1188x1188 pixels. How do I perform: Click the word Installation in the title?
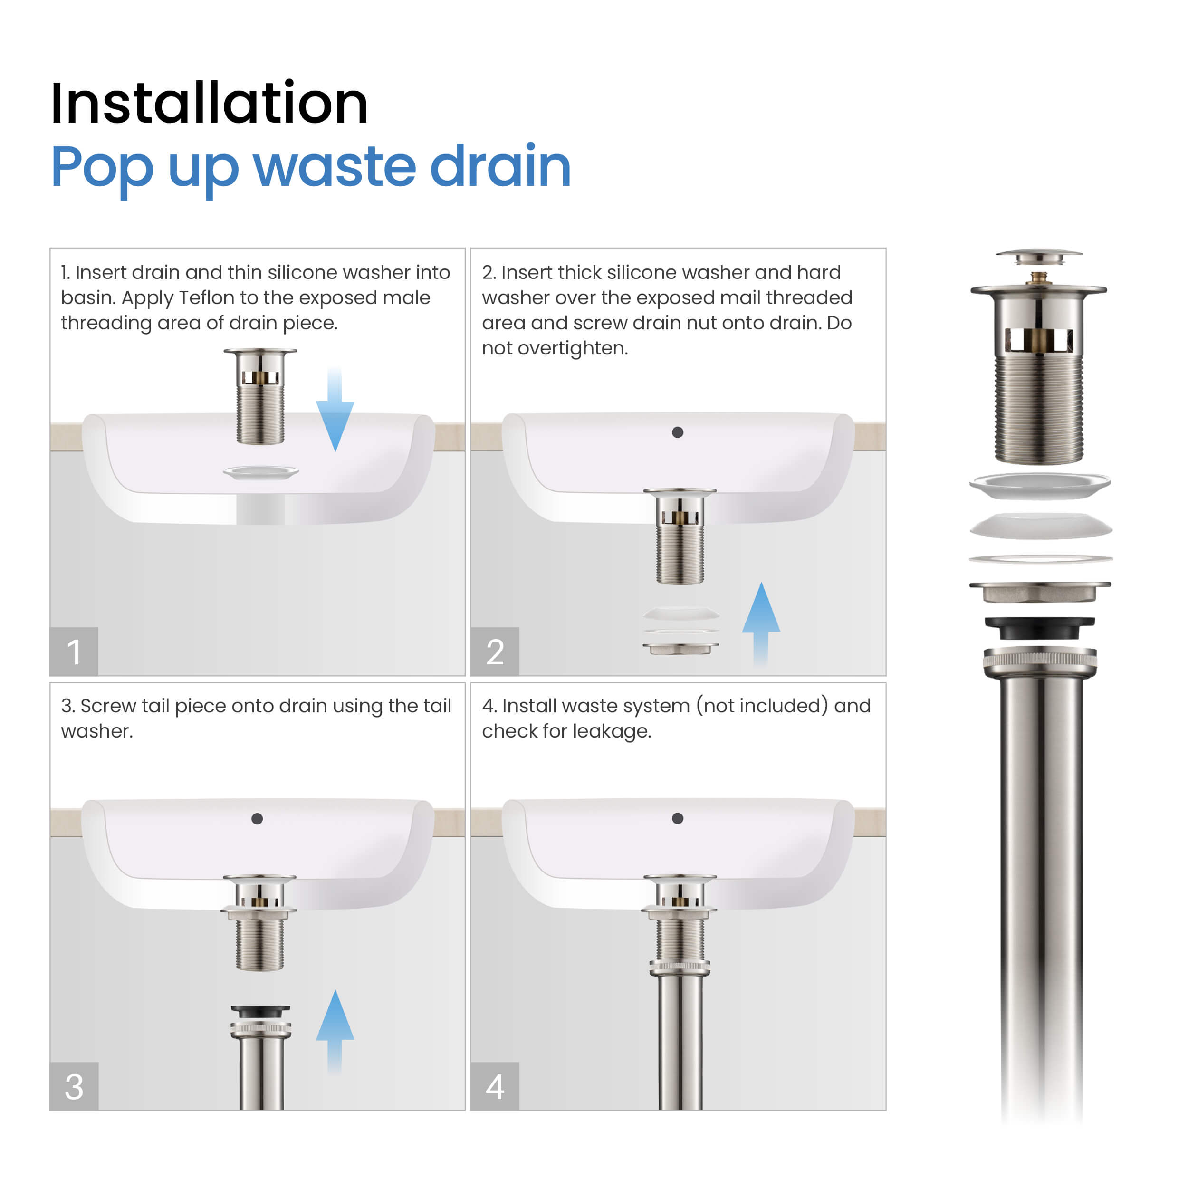pyautogui.click(x=209, y=103)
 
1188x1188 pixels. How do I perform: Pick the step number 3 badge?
pyautogui.click(x=74, y=1086)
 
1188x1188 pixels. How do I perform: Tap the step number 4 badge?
pyautogui.click(x=495, y=1086)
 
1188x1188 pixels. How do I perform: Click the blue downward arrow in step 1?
pyautogui.click(x=335, y=409)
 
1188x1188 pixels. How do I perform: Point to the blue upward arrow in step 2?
pyautogui.click(x=761, y=624)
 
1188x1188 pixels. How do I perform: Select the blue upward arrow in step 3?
pyautogui.click(x=335, y=1032)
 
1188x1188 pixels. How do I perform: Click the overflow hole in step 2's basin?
pyautogui.click(x=678, y=432)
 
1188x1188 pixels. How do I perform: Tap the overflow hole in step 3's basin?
pyautogui.click(x=258, y=818)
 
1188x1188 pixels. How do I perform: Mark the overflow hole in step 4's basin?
pyautogui.click(x=678, y=818)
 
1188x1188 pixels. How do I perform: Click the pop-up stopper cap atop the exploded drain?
pyautogui.click(x=1039, y=257)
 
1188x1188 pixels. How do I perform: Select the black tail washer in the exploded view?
pyautogui.click(x=1039, y=628)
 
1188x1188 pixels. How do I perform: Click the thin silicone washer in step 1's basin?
pyautogui.click(x=261, y=472)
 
